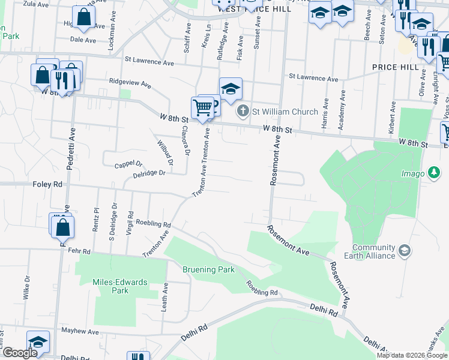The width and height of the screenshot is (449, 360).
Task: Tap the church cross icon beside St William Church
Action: (x=243, y=111)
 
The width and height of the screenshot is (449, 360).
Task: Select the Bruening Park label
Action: (x=209, y=269)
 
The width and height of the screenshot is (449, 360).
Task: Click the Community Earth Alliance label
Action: (x=374, y=251)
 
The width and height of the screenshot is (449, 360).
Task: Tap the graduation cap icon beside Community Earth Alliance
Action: (x=405, y=250)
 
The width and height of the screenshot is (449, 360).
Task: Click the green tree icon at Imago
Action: (x=433, y=173)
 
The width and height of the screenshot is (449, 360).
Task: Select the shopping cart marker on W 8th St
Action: (x=203, y=108)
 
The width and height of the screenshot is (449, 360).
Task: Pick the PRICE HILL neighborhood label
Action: (x=394, y=67)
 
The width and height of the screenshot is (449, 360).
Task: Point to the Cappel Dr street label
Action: (x=129, y=163)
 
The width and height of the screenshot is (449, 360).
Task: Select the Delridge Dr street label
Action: (x=149, y=174)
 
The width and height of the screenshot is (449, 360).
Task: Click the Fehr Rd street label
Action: (x=79, y=251)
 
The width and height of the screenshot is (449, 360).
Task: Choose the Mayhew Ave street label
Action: (x=79, y=331)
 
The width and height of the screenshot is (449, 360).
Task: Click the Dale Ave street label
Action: (x=83, y=40)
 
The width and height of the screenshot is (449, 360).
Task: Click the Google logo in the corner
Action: (x=19, y=353)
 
